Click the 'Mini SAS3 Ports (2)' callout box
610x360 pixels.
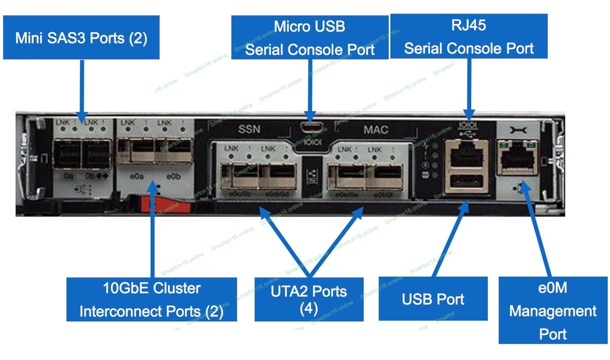[81, 38]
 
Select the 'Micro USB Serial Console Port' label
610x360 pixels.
[310, 37]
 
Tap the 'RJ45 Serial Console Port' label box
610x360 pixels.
[468, 36]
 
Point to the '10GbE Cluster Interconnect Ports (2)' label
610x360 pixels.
[152, 299]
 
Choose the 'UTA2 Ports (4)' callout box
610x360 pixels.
[309, 299]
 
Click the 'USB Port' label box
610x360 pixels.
[433, 299]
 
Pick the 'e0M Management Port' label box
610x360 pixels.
[552, 310]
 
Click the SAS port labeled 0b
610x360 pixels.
[96, 154]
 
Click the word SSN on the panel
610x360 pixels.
[249, 129]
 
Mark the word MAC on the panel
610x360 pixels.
[376, 129]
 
